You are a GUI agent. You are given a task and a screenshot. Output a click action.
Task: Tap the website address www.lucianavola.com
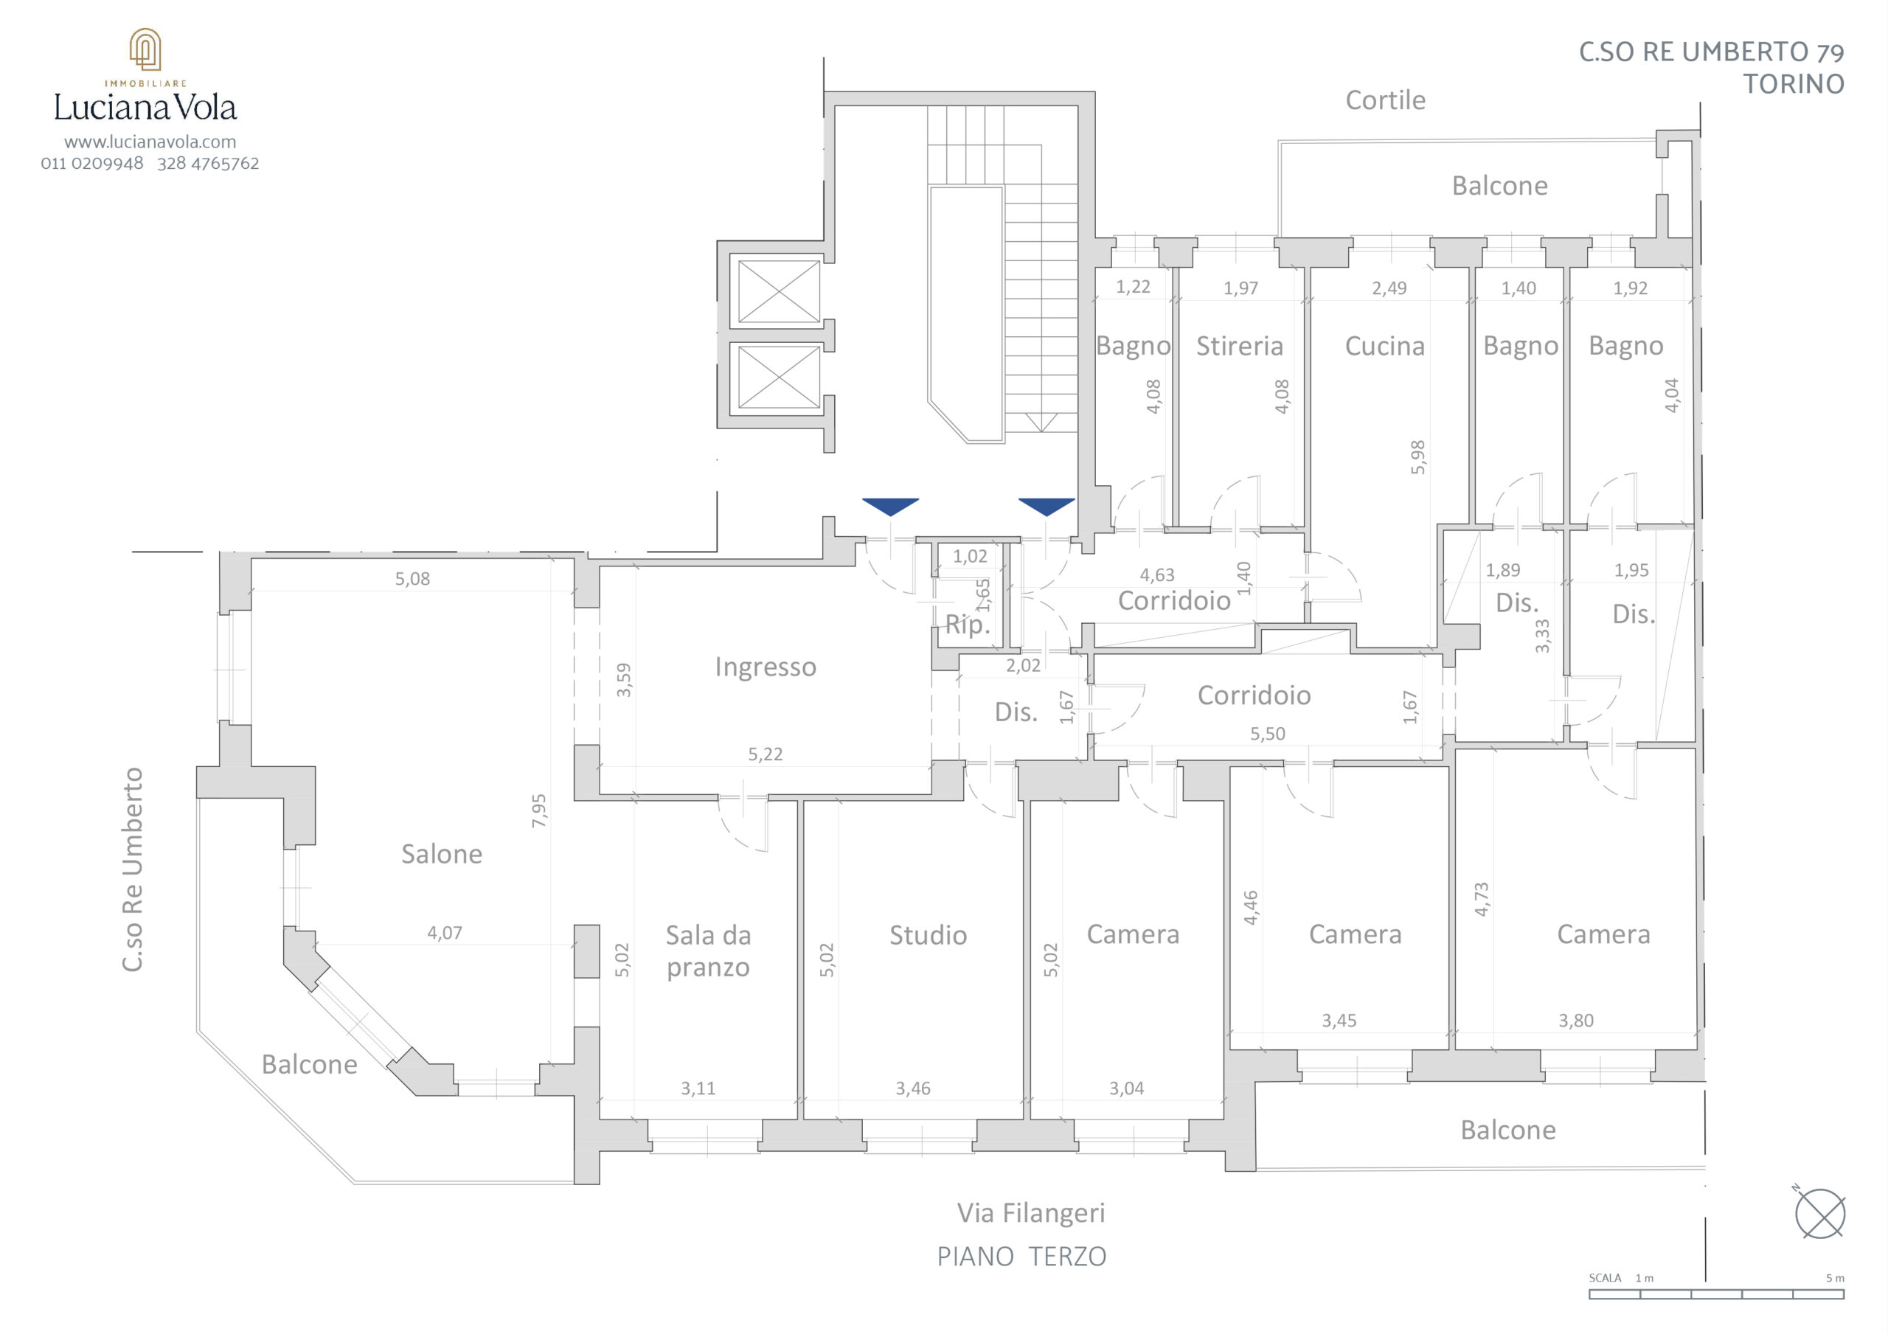tap(150, 142)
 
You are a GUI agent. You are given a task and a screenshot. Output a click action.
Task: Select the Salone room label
tap(442, 854)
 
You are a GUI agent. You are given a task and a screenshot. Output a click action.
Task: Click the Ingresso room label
tap(766, 667)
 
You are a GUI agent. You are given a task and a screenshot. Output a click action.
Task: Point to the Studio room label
tap(928, 934)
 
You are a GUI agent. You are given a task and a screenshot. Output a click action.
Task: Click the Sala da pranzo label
tap(708, 951)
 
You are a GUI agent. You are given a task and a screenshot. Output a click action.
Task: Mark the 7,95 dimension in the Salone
tap(538, 810)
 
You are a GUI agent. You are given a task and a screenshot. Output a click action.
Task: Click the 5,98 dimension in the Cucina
tap(1417, 456)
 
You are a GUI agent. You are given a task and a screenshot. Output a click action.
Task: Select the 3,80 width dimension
tap(1575, 1021)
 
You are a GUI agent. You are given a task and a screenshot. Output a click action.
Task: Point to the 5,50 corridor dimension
tap(1267, 734)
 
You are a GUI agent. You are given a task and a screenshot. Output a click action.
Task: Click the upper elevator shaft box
tap(779, 291)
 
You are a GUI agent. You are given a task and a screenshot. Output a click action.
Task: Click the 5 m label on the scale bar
tap(1835, 1278)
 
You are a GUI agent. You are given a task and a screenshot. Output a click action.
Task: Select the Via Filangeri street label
tap(1030, 1213)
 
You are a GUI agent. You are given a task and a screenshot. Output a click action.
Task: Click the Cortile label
tap(1385, 100)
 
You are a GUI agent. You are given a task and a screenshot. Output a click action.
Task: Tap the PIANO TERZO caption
tap(1021, 1257)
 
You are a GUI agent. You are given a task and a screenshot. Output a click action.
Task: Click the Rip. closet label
tap(967, 625)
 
